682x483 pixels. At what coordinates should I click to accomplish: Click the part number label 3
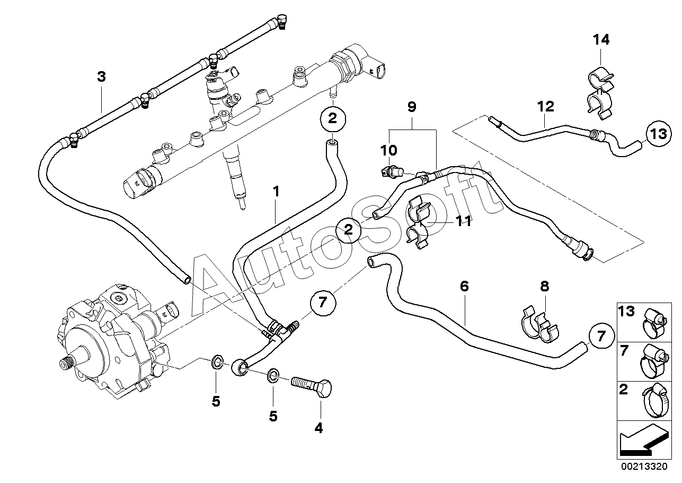click(101, 76)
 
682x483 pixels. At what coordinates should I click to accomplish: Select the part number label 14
click(601, 40)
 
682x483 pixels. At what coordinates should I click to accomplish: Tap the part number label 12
click(546, 107)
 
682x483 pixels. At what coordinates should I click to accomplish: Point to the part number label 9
click(412, 107)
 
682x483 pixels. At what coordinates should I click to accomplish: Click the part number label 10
click(389, 150)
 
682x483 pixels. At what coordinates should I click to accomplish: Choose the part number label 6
click(464, 286)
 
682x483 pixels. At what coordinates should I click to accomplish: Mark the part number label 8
click(544, 286)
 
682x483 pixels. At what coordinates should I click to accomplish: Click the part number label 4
click(318, 428)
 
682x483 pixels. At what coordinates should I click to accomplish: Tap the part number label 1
click(276, 192)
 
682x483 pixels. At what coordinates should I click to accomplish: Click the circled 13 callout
click(659, 134)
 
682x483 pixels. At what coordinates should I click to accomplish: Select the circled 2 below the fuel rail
click(333, 118)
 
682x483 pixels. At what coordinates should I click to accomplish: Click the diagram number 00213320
click(644, 466)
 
